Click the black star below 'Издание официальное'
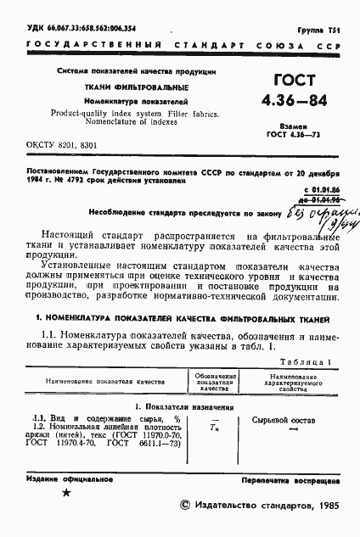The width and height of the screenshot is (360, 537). click(x=66, y=492)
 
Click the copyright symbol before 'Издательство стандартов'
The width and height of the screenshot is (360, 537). click(x=188, y=504)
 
